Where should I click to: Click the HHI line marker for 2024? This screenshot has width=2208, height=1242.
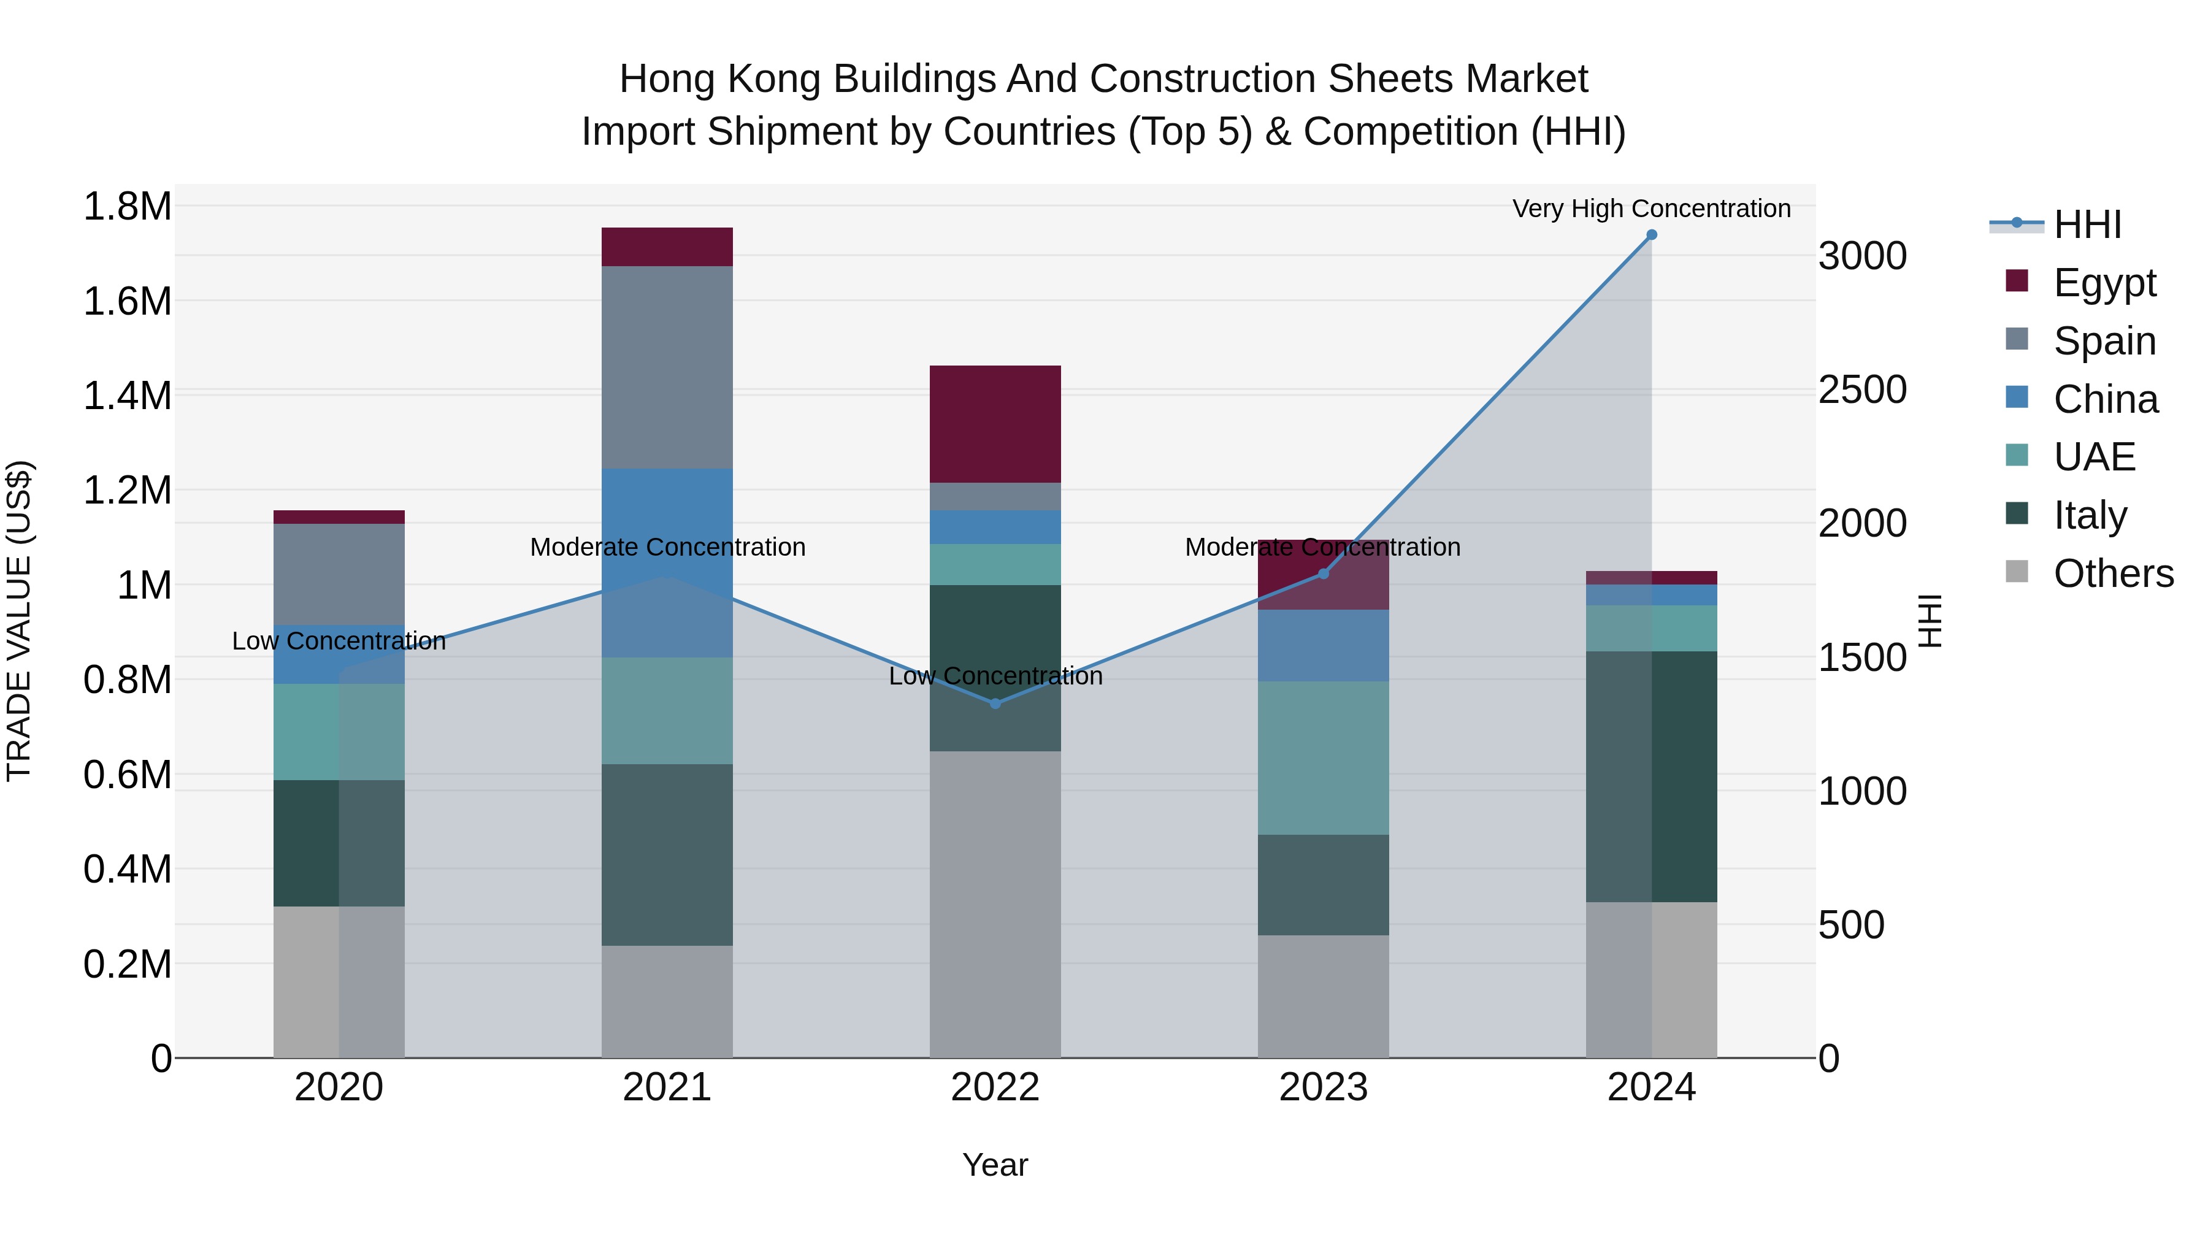click(1651, 235)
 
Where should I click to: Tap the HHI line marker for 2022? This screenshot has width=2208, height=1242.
click(995, 703)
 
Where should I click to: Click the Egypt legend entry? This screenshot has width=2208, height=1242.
click(2104, 283)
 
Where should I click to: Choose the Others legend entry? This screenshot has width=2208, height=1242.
click(2113, 573)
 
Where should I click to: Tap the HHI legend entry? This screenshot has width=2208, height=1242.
click(2087, 224)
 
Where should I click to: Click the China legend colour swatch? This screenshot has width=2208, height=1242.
click(2017, 397)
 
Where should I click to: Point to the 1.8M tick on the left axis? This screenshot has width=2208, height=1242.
click(127, 207)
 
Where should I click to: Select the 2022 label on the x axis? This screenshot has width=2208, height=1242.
click(995, 1087)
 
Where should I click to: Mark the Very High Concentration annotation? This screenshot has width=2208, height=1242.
click(1651, 209)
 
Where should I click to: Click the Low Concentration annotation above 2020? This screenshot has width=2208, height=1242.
click(339, 641)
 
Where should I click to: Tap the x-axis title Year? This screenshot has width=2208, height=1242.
click(995, 1165)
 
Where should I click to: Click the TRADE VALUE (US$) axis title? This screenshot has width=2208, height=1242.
click(19, 621)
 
